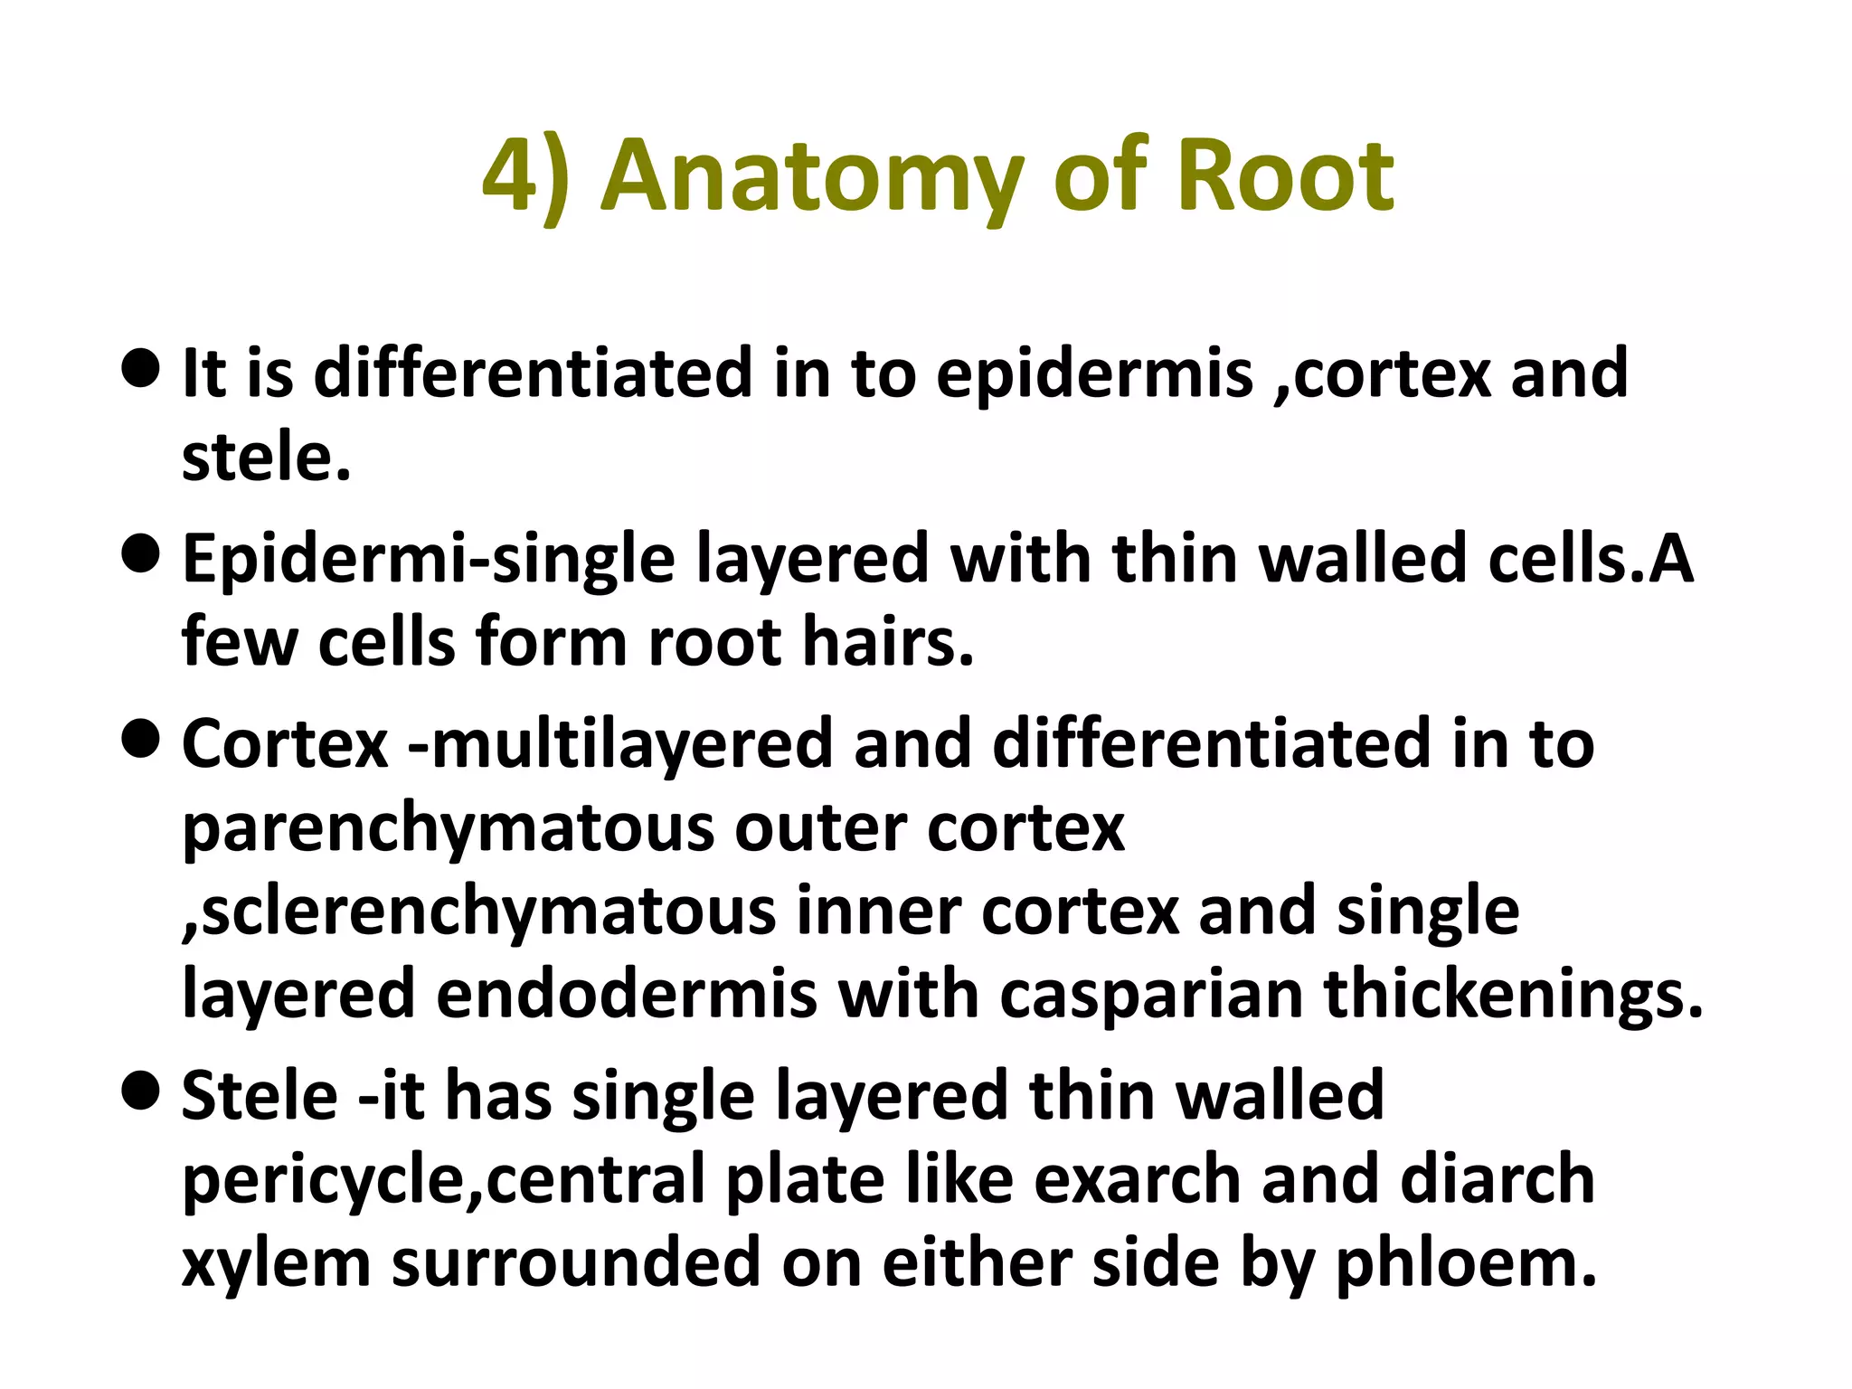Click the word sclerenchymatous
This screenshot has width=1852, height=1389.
click(479, 912)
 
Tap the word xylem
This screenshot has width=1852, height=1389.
click(276, 1264)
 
